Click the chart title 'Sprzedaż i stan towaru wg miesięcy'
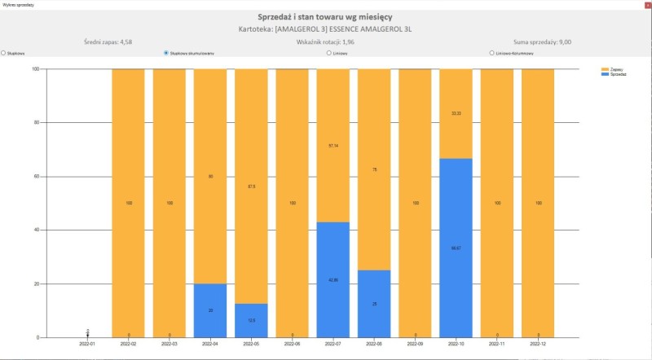(326, 16)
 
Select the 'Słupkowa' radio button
(4, 53)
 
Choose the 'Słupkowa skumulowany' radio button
(166, 53)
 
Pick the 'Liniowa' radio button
(328, 53)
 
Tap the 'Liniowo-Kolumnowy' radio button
(491, 53)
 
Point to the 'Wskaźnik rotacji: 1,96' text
(326, 41)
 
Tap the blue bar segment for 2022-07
(333, 279)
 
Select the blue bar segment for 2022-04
(210, 310)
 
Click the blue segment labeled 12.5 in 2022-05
(251, 320)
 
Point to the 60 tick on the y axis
(36, 176)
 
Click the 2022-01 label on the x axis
(87, 345)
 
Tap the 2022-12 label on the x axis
(538, 345)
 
